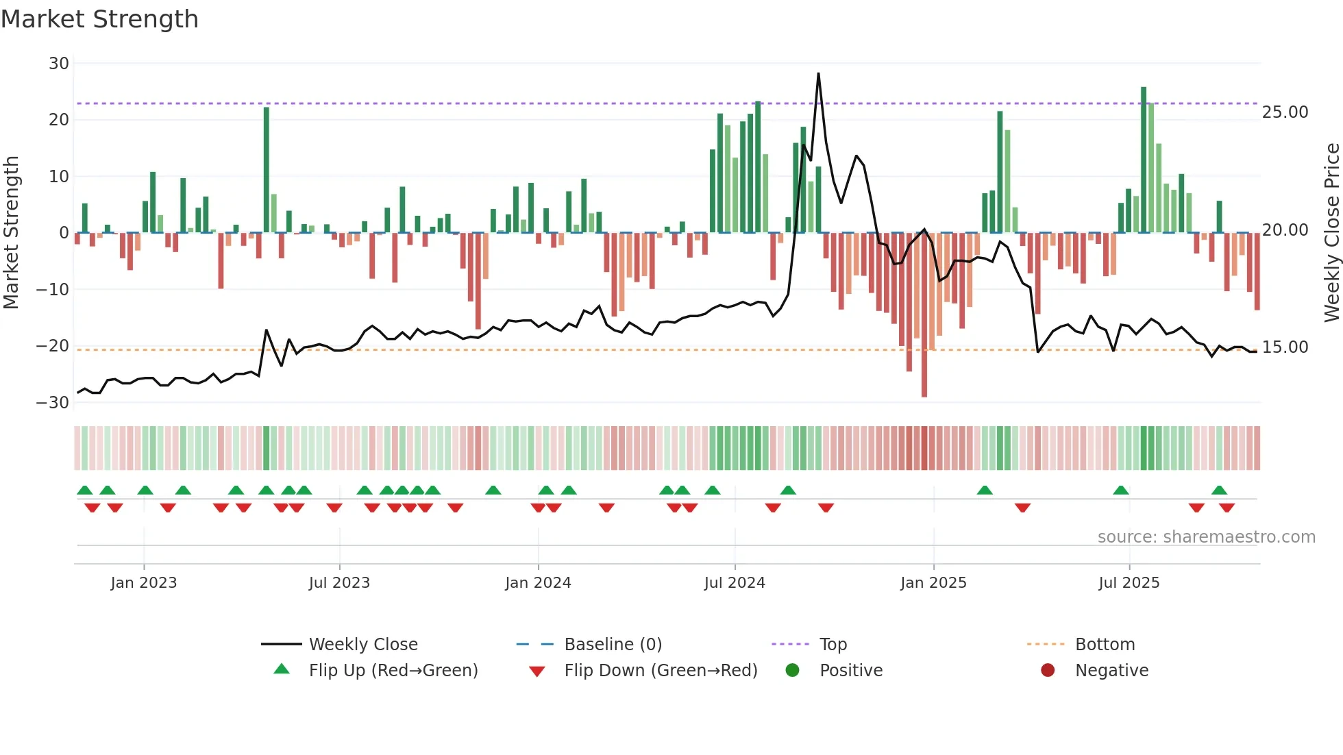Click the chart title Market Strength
99,19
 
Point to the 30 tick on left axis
59,64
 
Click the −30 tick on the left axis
53,403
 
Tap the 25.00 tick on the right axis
1285,112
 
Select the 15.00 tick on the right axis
1285,347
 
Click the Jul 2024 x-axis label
735,583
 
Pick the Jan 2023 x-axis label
144,583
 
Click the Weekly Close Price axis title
1331,233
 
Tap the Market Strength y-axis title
11,233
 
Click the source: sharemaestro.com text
1206,537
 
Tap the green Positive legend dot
793,671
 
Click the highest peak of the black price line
818,74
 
